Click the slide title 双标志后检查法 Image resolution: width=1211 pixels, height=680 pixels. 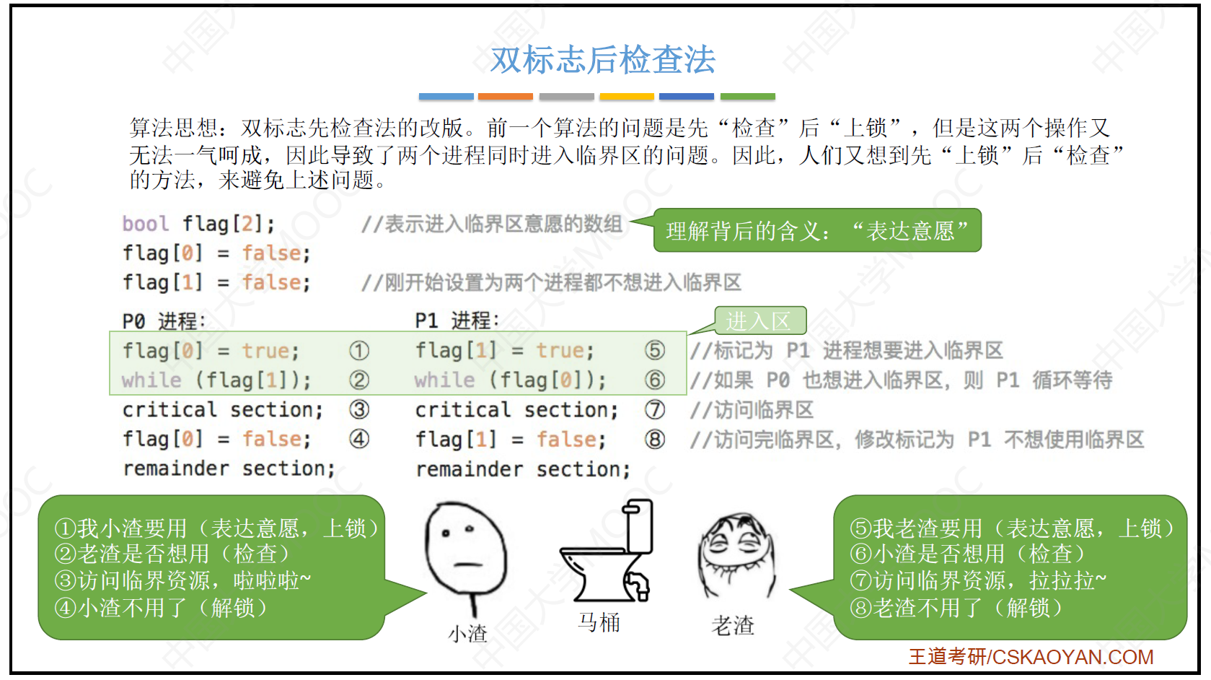point(603,59)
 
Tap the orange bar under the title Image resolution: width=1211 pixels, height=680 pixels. point(506,96)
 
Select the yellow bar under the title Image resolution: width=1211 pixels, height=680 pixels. point(627,96)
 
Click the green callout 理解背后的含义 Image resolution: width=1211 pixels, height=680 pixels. point(817,230)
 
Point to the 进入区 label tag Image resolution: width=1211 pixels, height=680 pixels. point(760,321)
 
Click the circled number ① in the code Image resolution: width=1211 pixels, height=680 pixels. point(359,351)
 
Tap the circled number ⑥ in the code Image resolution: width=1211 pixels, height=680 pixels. point(655,380)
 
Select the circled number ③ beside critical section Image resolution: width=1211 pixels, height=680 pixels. point(359,409)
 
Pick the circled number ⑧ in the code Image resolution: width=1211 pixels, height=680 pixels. point(655,440)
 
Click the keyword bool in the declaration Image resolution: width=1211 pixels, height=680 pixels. point(146,224)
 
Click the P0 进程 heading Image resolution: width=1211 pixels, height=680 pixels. point(164,321)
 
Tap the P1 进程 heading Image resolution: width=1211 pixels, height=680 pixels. point(457,321)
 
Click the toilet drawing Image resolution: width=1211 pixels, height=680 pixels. point(607,550)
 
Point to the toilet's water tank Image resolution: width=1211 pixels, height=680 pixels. point(638,526)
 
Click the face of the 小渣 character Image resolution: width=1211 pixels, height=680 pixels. point(466,547)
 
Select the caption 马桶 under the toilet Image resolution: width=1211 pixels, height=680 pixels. point(599,623)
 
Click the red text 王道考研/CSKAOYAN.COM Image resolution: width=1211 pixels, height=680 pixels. point(1031,657)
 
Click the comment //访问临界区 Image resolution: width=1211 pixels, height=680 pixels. point(752,410)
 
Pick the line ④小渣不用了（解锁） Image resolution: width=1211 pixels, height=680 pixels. point(161,608)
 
